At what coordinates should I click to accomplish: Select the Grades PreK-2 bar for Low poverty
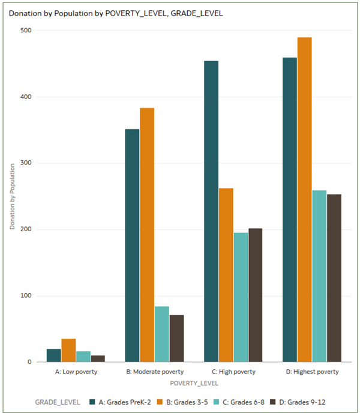coord(53,356)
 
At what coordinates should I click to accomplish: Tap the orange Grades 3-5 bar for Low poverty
coord(68,351)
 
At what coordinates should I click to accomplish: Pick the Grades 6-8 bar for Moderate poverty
coord(162,335)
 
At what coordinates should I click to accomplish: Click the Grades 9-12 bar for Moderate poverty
coord(176,338)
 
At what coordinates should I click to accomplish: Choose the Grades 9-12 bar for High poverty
coord(255,295)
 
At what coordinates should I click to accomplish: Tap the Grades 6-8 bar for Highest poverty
coord(319,276)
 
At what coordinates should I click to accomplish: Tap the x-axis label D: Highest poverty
coord(312,372)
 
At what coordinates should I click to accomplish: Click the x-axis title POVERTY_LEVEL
coord(194,383)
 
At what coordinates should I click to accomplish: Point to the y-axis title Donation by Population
coord(12,196)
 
